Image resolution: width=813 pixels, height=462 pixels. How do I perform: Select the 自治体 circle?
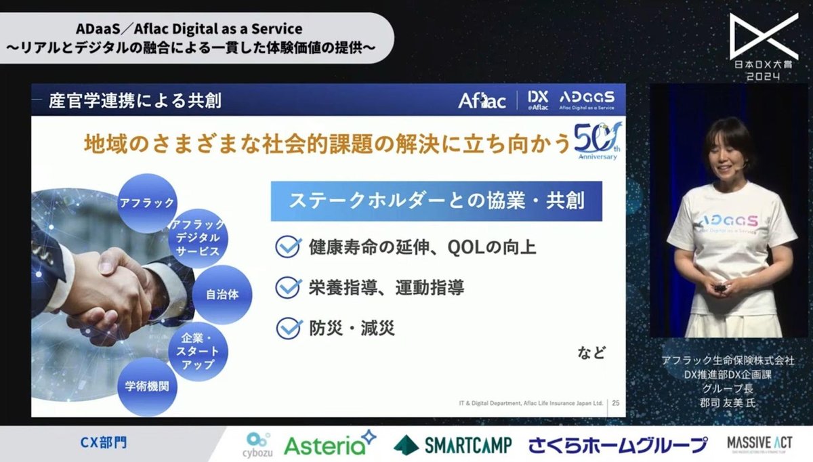point(222,295)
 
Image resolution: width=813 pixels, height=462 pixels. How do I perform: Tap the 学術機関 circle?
point(147,387)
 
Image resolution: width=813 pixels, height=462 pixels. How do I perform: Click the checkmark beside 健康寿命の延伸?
point(288,247)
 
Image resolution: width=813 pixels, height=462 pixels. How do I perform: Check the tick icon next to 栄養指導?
point(288,288)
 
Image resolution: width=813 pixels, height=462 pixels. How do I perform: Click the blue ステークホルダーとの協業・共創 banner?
point(436,201)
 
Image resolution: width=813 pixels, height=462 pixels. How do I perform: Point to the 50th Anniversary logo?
point(596,142)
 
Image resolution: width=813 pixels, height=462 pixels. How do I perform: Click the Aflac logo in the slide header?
point(482,101)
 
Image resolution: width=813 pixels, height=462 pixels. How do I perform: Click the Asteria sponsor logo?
point(330,444)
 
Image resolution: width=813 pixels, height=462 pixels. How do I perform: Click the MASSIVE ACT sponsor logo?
point(759,444)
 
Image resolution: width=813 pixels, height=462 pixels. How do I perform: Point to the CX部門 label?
point(103,444)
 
